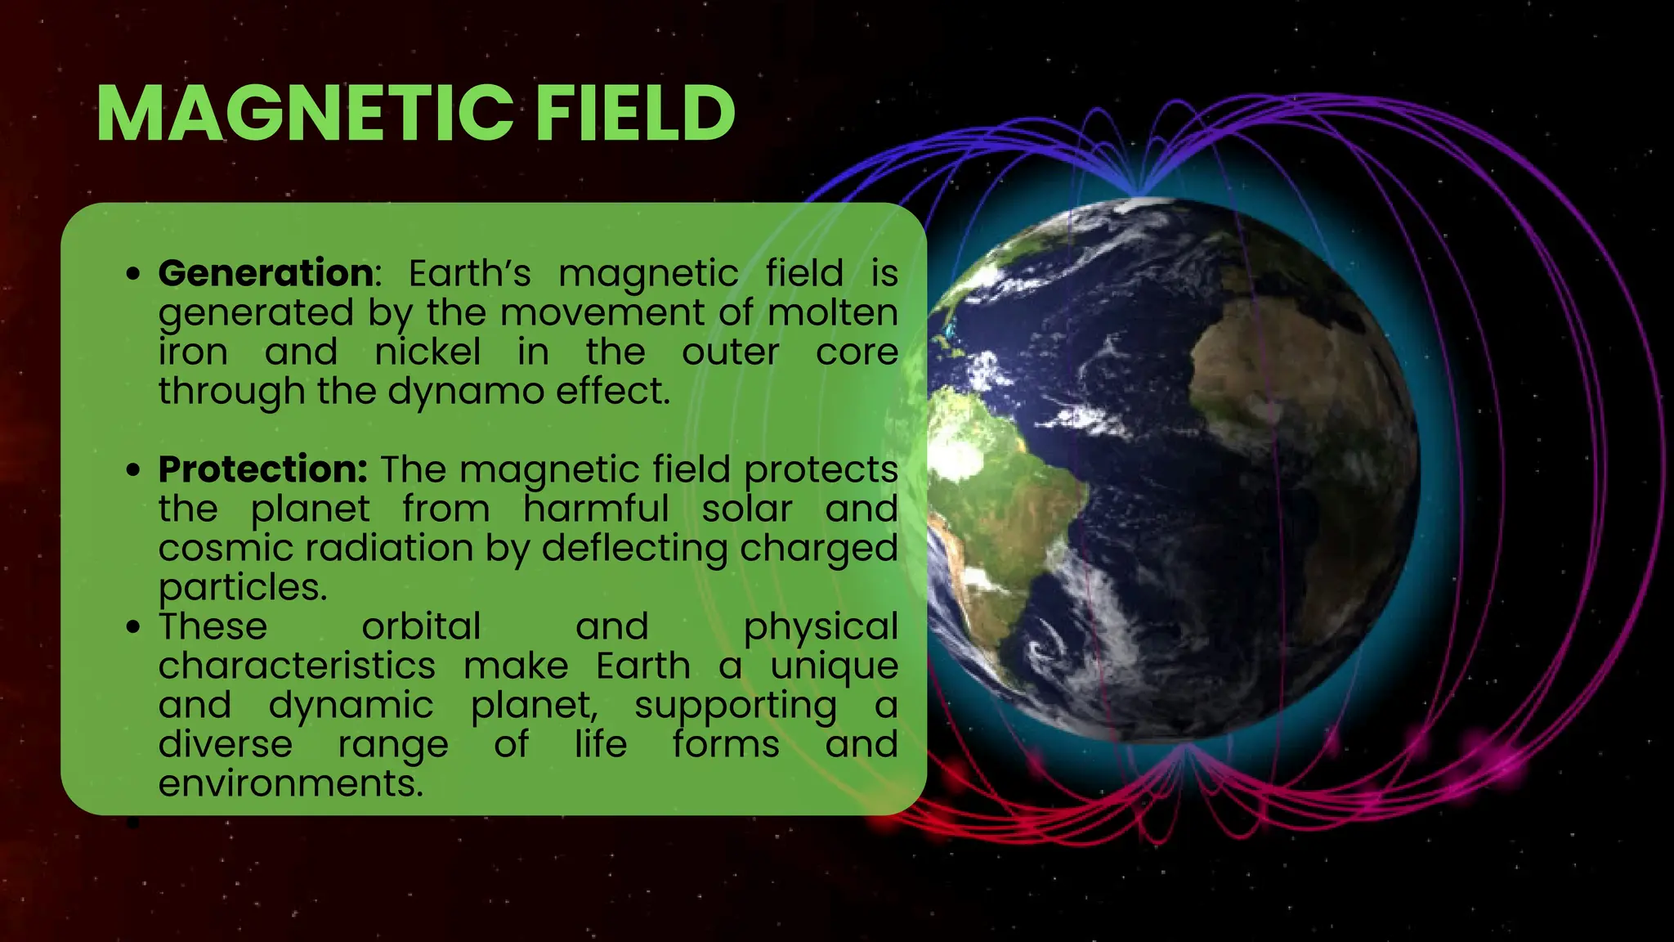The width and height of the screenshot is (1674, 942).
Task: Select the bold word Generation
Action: click(266, 273)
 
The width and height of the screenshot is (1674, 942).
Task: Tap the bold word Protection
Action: click(262, 469)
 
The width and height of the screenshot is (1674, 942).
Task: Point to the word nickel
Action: click(427, 352)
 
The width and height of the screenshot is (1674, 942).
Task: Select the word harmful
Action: click(596, 509)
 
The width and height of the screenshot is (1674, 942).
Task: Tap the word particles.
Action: click(242, 587)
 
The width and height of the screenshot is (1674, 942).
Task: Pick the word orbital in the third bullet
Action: click(421, 626)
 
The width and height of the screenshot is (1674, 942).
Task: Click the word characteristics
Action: click(297, 666)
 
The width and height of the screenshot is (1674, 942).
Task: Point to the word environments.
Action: click(291, 783)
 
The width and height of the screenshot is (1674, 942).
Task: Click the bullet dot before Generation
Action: click(134, 274)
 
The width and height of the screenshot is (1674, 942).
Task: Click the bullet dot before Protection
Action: click(134, 470)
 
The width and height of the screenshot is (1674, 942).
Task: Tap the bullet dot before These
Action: click(134, 627)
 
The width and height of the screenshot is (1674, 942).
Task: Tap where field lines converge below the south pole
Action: click(1185, 747)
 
